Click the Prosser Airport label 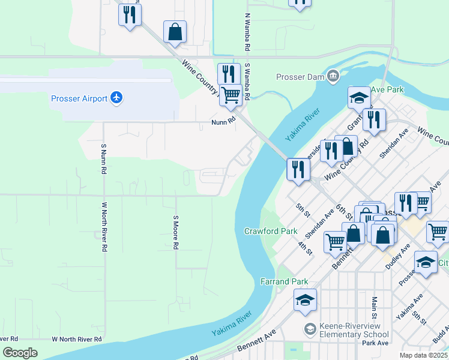[x=79, y=98]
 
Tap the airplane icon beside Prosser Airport [x=116, y=98]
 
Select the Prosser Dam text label [x=300, y=77]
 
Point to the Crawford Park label [x=271, y=231]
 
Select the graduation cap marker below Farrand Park [x=306, y=300]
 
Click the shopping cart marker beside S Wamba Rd [x=231, y=95]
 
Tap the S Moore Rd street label [x=176, y=233]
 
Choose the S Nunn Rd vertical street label [x=103, y=159]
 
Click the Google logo [x=20, y=353]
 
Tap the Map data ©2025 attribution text [x=423, y=355]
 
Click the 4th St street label [x=306, y=247]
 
